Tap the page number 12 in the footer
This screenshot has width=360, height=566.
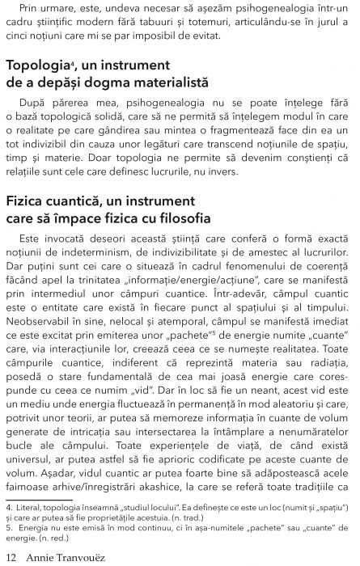click(11, 556)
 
